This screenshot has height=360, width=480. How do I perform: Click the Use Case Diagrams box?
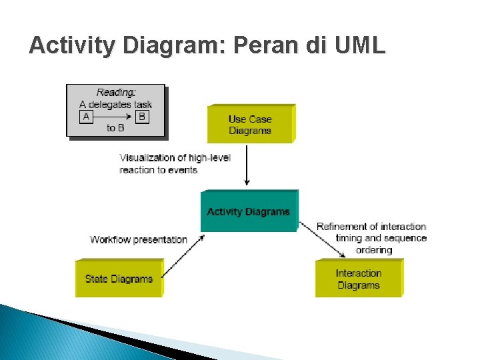[250, 125]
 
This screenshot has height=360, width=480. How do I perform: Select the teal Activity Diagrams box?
[249, 211]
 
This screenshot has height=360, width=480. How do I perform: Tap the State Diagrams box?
[119, 279]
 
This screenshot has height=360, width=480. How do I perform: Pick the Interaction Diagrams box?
[359, 279]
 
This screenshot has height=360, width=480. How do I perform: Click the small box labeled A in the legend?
[85, 117]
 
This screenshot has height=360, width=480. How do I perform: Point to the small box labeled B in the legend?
[141, 117]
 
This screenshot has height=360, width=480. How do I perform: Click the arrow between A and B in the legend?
[113, 117]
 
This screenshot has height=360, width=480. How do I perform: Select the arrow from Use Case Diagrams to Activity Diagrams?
[247, 165]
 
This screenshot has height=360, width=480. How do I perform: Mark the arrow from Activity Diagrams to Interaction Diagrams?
[323, 240]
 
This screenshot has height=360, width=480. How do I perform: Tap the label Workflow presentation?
[139, 239]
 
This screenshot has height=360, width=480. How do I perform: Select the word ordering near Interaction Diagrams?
[374, 250]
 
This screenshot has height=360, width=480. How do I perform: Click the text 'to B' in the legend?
[115, 128]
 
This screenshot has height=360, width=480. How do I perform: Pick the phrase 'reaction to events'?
[159, 170]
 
